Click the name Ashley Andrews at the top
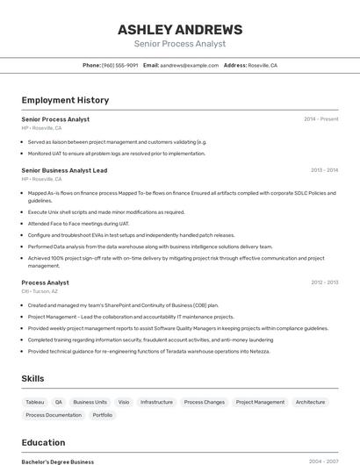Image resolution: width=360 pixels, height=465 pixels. (x=180, y=29)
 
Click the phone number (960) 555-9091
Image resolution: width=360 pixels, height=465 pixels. (x=119, y=65)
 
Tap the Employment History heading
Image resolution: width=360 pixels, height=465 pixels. (x=65, y=100)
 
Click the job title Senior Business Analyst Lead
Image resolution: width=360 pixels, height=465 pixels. (x=64, y=170)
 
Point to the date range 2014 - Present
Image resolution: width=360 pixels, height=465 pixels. (x=320, y=118)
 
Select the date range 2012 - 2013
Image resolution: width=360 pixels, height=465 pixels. (x=324, y=283)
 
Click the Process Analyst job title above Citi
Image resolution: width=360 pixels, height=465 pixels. (x=45, y=283)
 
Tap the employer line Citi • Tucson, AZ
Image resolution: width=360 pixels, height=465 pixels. (x=40, y=291)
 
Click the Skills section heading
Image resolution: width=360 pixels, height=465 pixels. (x=32, y=378)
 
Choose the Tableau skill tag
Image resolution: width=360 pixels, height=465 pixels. (x=34, y=402)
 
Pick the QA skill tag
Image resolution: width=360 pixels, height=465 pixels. (x=59, y=402)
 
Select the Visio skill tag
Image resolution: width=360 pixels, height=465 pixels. (x=123, y=402)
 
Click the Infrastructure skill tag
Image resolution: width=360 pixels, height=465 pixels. (x=156, y=402)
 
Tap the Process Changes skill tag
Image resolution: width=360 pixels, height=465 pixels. (x=204, y=402)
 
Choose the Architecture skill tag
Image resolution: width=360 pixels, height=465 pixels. (x=310, y=402)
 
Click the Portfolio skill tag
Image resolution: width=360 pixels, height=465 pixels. (x=103, y=415)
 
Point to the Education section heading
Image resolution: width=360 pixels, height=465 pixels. (x=43, y=442)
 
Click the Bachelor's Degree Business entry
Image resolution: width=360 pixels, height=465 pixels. (x=57, y=461)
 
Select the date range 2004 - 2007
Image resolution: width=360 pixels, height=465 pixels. (x=323, y=461)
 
